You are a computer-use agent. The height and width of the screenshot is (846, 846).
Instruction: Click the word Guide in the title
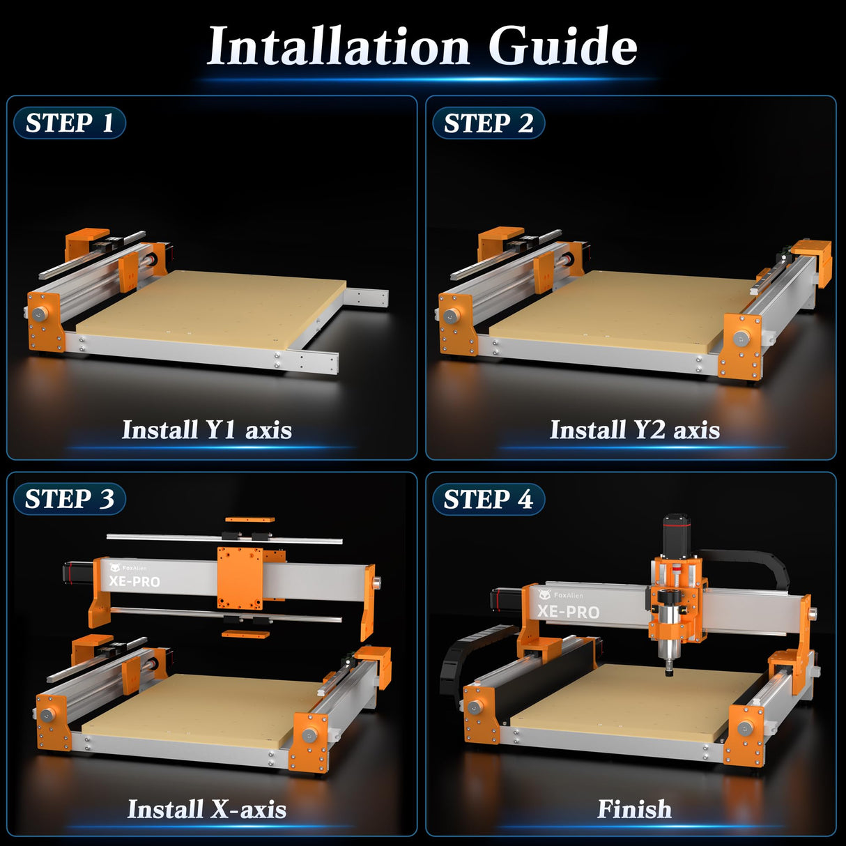coord(562,46)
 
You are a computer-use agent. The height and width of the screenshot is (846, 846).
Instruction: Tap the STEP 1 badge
coord(70,123)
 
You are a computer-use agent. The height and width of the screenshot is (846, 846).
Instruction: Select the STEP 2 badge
coord(489,123)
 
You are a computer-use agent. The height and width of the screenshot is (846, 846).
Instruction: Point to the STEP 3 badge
coord(70,499)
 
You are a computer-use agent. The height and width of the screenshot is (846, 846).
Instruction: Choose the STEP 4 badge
coord(489,500)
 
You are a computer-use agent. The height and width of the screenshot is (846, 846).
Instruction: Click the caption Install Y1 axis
coord(207,430)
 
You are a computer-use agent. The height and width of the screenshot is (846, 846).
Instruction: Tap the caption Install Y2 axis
coord(634,430)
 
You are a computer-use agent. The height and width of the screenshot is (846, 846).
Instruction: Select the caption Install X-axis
coord(207,809)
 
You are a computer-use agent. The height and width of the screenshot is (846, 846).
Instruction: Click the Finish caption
coord(634,809)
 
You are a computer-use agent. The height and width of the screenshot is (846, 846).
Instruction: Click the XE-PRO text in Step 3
coord(134,581)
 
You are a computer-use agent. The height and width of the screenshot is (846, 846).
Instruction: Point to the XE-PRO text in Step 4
coord(568,612)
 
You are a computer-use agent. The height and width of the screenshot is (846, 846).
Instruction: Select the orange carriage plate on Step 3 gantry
coord(240,577)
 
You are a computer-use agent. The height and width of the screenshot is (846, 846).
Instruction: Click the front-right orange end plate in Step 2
coord(739,346)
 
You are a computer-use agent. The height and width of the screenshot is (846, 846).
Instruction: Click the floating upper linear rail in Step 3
coord(223,539)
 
